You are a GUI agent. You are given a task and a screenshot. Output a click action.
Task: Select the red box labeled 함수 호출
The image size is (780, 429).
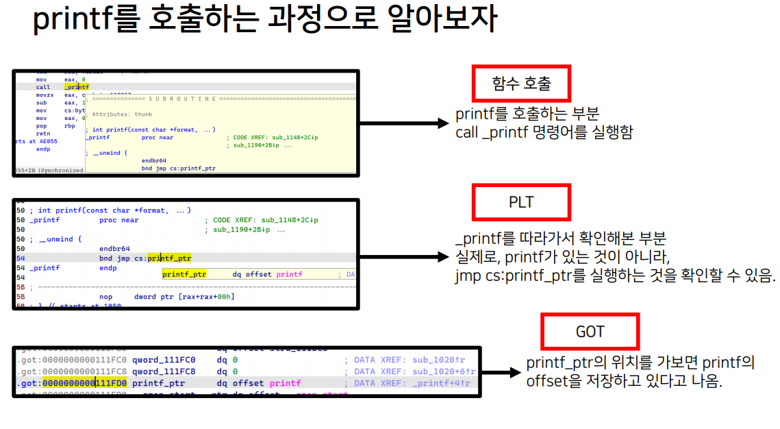pos(521,84)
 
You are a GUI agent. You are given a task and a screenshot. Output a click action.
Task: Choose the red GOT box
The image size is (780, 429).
pos(590,332)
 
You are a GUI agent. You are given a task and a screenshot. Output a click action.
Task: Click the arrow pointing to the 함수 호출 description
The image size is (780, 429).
pos(403,124)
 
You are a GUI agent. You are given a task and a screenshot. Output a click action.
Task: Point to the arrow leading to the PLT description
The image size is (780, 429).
pos(403,257)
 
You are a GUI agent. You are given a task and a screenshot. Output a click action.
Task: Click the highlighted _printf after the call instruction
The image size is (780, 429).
pos(77,87)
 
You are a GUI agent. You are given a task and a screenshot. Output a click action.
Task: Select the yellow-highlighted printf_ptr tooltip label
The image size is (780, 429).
pos(184,273)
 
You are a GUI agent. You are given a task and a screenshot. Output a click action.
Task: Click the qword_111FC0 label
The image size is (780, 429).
pos(163,360)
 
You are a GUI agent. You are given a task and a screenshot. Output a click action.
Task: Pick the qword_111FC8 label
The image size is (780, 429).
pos(163,371)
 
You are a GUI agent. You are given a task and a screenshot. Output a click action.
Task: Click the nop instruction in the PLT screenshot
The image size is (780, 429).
pos(105,297)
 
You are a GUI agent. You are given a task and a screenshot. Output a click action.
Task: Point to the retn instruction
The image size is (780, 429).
pos(42,134)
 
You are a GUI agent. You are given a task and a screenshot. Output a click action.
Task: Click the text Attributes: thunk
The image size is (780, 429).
pos(122,114)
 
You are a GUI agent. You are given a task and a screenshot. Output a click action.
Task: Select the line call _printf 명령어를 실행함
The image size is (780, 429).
pos(544,132)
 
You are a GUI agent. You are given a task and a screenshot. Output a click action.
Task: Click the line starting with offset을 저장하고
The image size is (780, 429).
pos(624,382)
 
